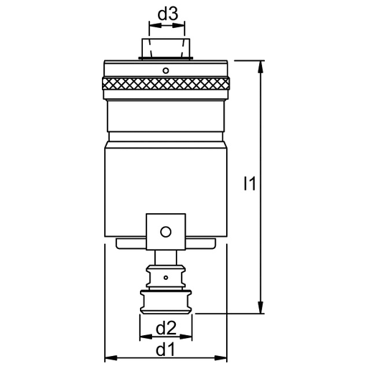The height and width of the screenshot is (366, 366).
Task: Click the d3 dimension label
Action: (168, 14)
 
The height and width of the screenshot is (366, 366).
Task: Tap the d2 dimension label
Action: (166, 328)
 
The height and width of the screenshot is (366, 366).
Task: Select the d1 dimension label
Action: (165, 350)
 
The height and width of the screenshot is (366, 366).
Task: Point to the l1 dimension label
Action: (250, 184)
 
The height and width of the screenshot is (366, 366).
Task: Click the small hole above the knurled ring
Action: (166, 70)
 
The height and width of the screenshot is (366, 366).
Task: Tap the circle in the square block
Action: (166, 232)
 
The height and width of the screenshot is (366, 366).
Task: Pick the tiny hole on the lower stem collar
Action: (166, 278)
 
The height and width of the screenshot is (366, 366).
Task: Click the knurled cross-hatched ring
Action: (166, 83)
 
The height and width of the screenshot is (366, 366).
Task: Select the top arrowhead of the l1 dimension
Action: (261, 67)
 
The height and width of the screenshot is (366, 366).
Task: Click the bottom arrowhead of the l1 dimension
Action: (261, 307)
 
